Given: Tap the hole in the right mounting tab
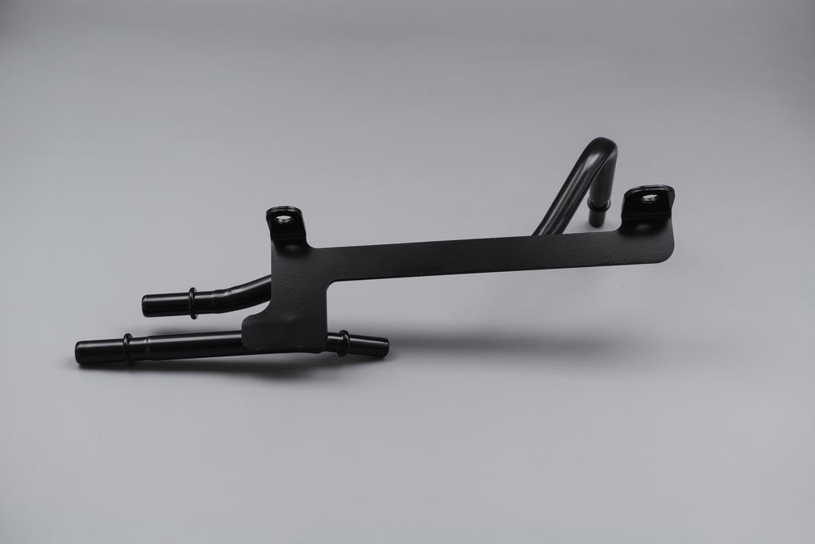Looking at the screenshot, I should tap(649, 198).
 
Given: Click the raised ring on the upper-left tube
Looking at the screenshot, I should tap(193, 302).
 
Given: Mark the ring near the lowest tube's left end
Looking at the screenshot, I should tap(127, 349).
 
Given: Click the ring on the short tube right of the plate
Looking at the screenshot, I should tap(344, 343).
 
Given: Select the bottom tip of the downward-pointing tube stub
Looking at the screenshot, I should tap(596, 222).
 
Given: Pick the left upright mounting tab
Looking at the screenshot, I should tap(286, 223).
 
